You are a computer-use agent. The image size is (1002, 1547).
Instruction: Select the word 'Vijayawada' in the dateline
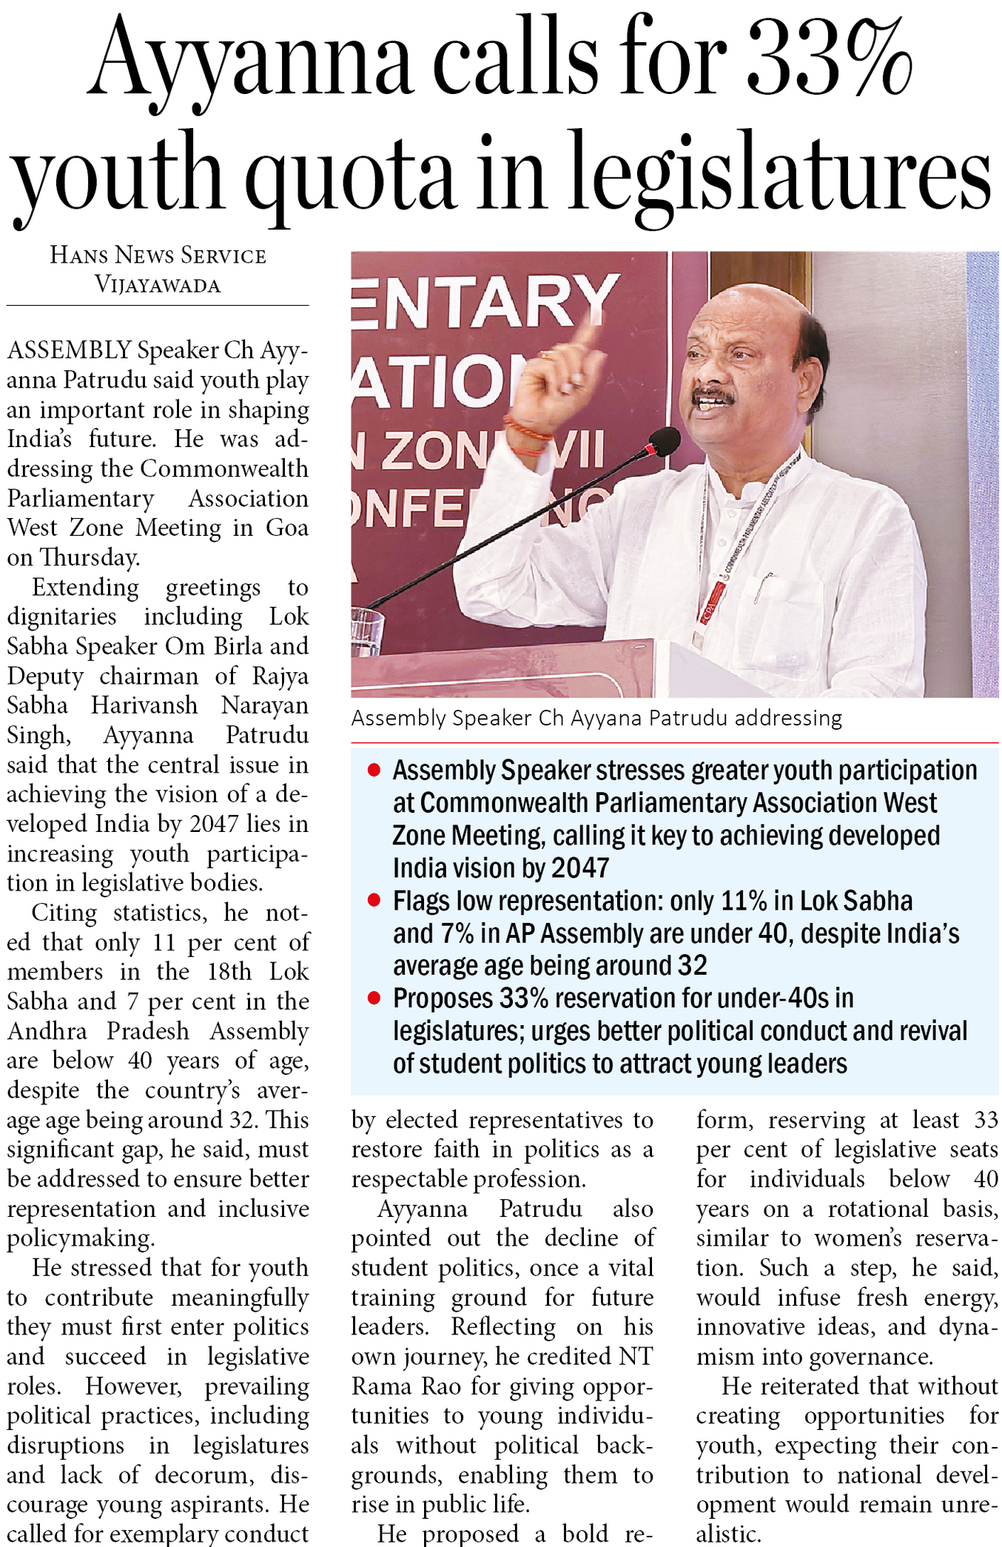(158, 285)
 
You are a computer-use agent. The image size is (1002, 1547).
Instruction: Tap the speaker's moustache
(713, 396)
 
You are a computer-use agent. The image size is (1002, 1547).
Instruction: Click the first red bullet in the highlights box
(374, 771)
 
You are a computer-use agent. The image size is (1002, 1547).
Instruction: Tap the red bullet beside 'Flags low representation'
(374, 901)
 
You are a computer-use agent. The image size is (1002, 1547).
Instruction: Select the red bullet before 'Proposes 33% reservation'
(374, 999)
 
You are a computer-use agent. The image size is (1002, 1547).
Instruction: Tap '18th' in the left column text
(230, 972)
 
